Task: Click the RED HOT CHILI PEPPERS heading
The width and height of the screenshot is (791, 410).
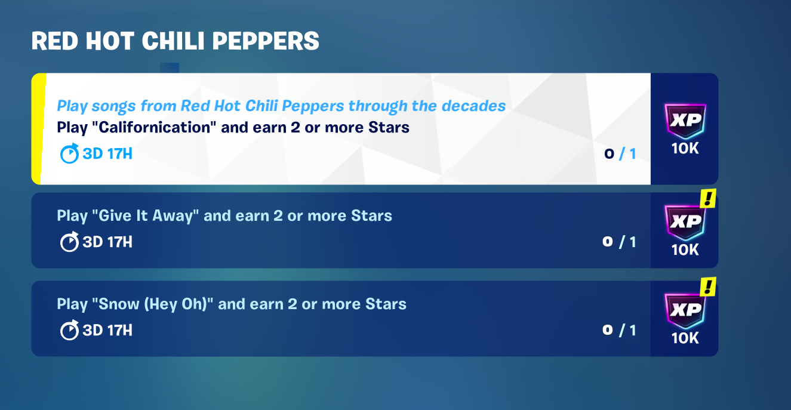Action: [175, 41]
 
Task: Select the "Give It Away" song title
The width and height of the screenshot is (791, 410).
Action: [146, 216]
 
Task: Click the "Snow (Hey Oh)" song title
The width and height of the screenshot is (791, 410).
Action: [153, 304]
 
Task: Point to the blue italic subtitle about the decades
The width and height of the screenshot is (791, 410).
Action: [281, 106]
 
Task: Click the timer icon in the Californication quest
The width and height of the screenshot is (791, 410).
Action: [69, 153]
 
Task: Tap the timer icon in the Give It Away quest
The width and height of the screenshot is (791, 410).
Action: [69, 242]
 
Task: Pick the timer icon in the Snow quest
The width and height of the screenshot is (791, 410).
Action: [69, 330]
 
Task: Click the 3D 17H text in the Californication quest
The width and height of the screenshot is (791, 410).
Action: [107, 154]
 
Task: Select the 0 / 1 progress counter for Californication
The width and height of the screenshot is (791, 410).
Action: [620, 154]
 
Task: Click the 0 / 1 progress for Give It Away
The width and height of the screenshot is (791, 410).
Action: [619, 242]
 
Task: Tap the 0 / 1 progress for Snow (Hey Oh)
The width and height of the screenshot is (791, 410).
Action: [619, 330]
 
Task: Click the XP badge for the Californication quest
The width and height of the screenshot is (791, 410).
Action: [685, 121]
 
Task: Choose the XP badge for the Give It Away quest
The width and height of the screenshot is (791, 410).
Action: [685, 222]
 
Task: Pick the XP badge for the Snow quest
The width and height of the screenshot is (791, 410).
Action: [685, 310]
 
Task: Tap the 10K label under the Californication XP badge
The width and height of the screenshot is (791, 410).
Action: [685, 149]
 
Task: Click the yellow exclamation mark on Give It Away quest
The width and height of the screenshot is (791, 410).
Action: [708, 198]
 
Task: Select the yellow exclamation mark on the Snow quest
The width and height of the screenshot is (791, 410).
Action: [708, 286]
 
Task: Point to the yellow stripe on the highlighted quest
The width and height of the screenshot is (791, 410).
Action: [38, 129]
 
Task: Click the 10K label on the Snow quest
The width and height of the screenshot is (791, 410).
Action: [685, 338]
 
